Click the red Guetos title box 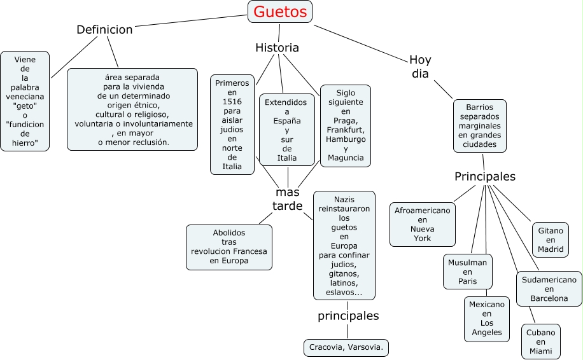[x=280, y=11]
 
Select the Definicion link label [x=104, y=29]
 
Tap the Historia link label [x=277, y=48]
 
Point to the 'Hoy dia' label [x=419, y=67]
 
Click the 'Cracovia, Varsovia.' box [x=347, y=347]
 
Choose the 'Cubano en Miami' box [x=541, y=342]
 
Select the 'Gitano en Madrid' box [x=551, y=240]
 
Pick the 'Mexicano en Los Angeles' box [x=487, y=319]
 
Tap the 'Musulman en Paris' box [x=467, y=272]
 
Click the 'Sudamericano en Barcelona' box [x=549, y=289]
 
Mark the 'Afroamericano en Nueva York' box [x=422, y=225]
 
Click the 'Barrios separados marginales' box [x=480, y=126]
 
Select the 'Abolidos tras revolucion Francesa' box [x=229, y=247]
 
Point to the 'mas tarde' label [x=288, y=198]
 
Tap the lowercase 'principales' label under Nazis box [x=348, y=316]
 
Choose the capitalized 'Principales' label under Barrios [x=485, y=176]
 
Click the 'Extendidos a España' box [x=287, y=130]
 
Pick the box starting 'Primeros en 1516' [x=232, y=125]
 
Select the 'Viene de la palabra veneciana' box [x=25, y=101]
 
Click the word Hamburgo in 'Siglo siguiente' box [x=346, y=139]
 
